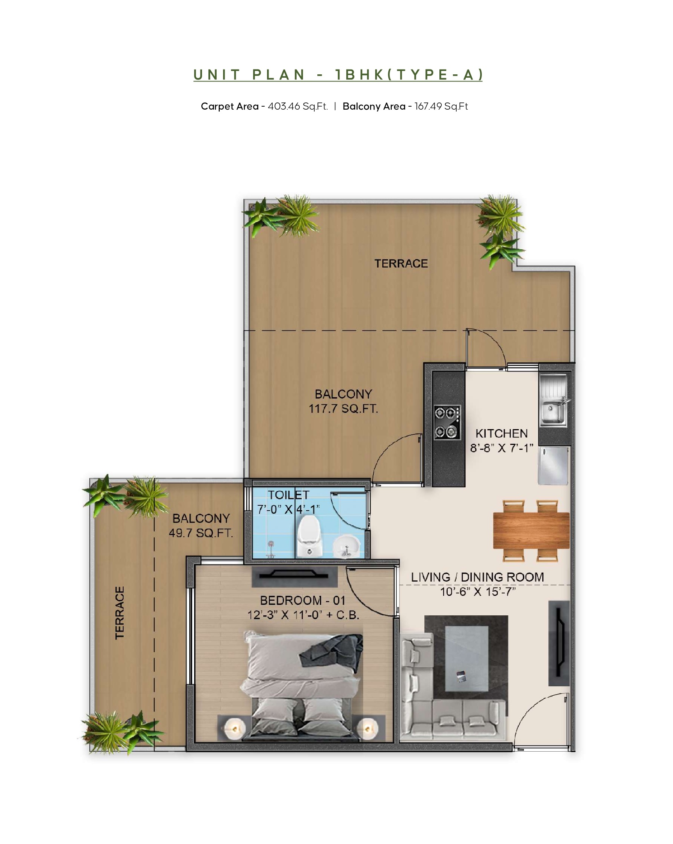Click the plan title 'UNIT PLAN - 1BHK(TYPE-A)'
pyautogui.click(x=338, y=74)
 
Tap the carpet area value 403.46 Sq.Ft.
pyautogui.click(x=297, y=107)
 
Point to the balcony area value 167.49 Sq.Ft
pyautogui.click(x=441, y=107)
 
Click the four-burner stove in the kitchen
pyautogui.click(x=447, y=422)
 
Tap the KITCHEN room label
pyautogui.click(x=501, y=433)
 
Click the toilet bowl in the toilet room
pyautogui.click(x=309, y=535)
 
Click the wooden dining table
pyautogui.click(x=531, y=531)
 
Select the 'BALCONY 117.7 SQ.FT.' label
pyautogui.click(x=343, y=401)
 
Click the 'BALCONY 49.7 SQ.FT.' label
pyautogui.click(x=201, y=525)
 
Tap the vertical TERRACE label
pyautogui.click(x=119, y=613)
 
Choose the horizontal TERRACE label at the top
pyautogui.click(x=401, y=264)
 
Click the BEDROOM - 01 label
pyautogui.click(x=303, y=600)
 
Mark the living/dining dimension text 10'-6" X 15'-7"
pyautogui.click(x=478, y=592)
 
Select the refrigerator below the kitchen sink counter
pyautogui.click(x=553, y=466)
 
